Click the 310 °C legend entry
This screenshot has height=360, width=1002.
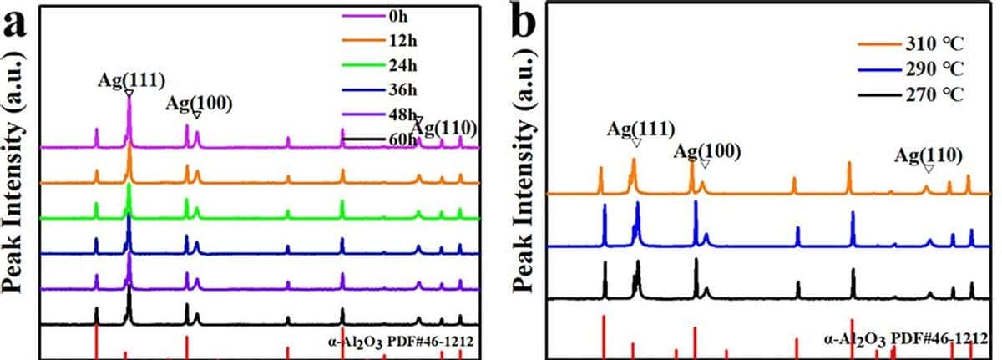[x=934, y=43]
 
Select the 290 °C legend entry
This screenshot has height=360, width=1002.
[x=934, y=68]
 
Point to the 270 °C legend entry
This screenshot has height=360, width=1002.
[x=934, y=94]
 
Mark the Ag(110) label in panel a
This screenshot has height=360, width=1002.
[x=445, y=128]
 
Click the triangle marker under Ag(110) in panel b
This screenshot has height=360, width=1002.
[x=928, y=169]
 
